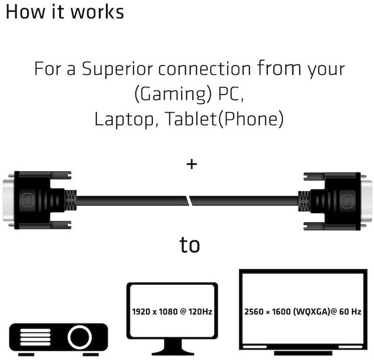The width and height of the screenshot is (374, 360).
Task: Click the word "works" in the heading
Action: tap(97, 12)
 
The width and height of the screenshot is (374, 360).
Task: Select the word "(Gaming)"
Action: tap(173, 94)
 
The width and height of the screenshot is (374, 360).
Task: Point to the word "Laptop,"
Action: tap(126, 119)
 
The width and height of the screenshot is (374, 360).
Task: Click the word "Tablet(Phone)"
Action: tap(224, 119)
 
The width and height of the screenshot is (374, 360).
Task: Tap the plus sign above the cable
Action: tap(192, 164)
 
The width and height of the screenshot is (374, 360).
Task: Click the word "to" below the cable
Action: tap(190, 245)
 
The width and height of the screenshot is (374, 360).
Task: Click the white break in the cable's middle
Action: tap(189, 201)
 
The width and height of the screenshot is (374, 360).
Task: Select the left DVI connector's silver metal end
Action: tap(9, 200)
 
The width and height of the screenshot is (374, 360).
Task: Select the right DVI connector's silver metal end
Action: tap(366, 201)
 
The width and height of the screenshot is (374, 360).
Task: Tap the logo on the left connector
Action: tap(26, 200)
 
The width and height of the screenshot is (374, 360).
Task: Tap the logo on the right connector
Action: tap(348, 201)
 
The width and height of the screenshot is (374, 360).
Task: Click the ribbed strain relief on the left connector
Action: tap(71, 200)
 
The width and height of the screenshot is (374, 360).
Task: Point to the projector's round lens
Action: tap(79, 337)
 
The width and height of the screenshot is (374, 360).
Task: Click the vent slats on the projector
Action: tap(35, 337)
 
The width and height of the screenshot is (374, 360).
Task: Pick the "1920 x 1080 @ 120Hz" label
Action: tap(172, 312)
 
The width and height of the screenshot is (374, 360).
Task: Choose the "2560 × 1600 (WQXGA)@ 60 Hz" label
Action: tap(303, 312)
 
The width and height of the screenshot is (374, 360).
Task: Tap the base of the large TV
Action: tap(303, 353)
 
